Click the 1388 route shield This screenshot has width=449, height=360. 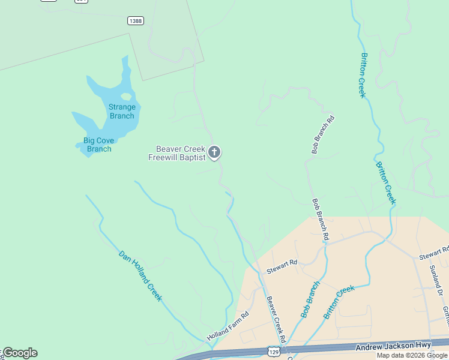pyautogui.click(x=136, y=21)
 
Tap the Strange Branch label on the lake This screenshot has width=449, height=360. pyautogui.click(x=122, y=112)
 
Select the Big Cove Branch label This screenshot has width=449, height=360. pyautogui.click(x=98, y=145)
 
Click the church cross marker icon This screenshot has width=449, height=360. pyautogui.click(x=215, y=153)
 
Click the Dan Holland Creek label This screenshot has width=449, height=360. pyautogui.click(x=140, y=275)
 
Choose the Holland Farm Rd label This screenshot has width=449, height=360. pyautogui.click(x=228, y=326)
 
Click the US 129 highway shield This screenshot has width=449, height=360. pyautogui.click(x=274, y=350)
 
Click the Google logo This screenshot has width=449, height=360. pyautogui.click(x=19, y=353)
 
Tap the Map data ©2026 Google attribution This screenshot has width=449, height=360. pyautogui.click(x=412, y=355)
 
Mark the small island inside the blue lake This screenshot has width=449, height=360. pyautogui.click(x=126, y=96)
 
